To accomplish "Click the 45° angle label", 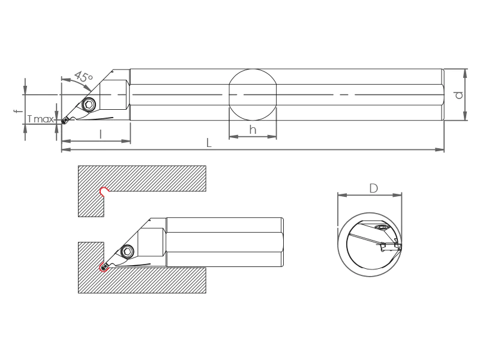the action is (x=83, y=76).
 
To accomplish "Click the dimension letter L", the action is (x=209, y=143).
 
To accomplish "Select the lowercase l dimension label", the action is (x=101, y=134).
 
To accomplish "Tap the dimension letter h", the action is (x=253, y=130).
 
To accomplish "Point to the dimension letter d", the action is (x=458, y=95).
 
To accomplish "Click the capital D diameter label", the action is (x=373, y=188).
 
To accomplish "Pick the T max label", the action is (x=40, y=119).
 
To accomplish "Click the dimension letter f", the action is (x=19, y=110).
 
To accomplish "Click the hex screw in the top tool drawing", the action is (x=89, y=105).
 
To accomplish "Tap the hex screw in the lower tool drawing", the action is (x=127, y=251).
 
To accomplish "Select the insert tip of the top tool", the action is (x=64, y=121).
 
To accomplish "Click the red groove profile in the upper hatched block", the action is (x=104, y=191).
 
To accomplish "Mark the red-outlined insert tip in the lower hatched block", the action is (x=103, y=267).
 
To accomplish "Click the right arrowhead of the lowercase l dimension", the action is (x=126, y=141).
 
